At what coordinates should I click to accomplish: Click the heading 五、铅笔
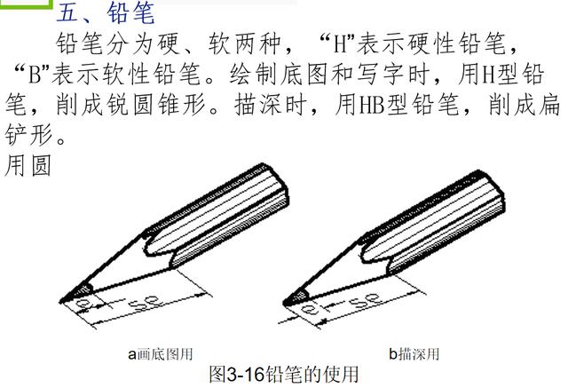tap(106, 14)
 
